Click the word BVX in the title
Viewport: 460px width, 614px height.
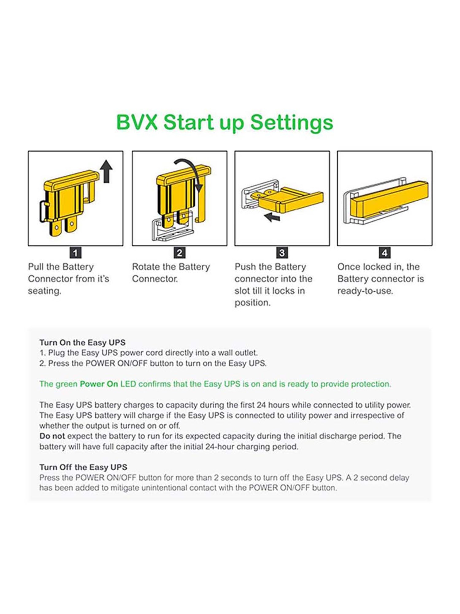[137, 122]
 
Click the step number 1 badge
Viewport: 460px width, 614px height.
[75, 253]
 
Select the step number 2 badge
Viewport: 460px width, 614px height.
[179, 253]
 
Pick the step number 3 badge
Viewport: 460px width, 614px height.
[282, 253]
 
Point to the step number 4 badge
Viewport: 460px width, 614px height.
[385, 253]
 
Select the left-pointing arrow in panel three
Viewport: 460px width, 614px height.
[272, 217]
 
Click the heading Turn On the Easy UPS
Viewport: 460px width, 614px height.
[82, 343]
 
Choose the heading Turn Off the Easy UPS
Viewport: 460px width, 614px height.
[83, 467]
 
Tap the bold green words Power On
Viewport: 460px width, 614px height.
[99, 384]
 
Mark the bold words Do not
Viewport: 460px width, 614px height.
[52, 436]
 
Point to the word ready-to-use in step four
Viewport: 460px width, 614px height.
[365, 291]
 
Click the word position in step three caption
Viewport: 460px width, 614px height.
[253, 303]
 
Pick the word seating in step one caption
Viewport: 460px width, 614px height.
[45, 291]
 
